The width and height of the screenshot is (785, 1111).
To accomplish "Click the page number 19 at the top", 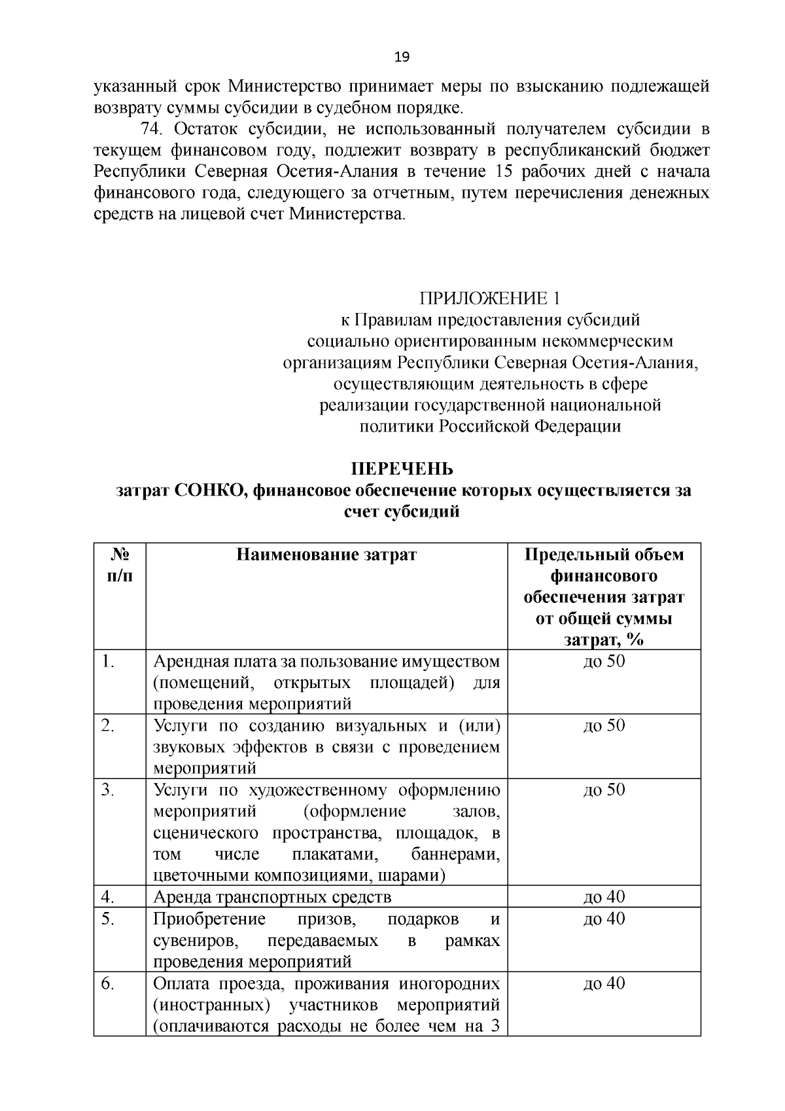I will point(402,57).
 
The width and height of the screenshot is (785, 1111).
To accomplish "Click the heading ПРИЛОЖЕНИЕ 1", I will point(490,299).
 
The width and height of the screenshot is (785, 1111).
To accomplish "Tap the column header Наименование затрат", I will point(326,555).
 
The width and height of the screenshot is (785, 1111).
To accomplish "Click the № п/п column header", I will point(118,566).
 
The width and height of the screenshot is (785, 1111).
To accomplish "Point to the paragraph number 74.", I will point(152,128).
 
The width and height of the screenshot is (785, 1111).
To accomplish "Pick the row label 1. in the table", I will point(108,661).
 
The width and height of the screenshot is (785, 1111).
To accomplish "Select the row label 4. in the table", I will point(108,896).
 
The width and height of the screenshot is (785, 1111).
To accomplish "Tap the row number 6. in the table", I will point(108,983).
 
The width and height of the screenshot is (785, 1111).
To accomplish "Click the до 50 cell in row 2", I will point(604,725).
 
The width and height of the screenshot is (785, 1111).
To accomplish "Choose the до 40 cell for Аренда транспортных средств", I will point(604,896).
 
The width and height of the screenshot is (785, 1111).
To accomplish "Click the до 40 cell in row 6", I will point(604,983).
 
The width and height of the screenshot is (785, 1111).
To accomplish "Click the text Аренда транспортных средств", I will point(272,897).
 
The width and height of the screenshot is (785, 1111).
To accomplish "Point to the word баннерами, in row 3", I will point(455,854).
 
